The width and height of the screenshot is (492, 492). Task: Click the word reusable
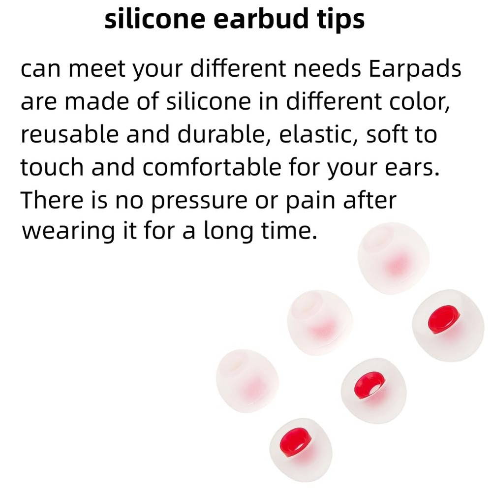pos(69,134)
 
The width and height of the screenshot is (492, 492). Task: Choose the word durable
pos(223,134)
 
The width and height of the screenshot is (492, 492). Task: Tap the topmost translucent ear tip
pos(393,258)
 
